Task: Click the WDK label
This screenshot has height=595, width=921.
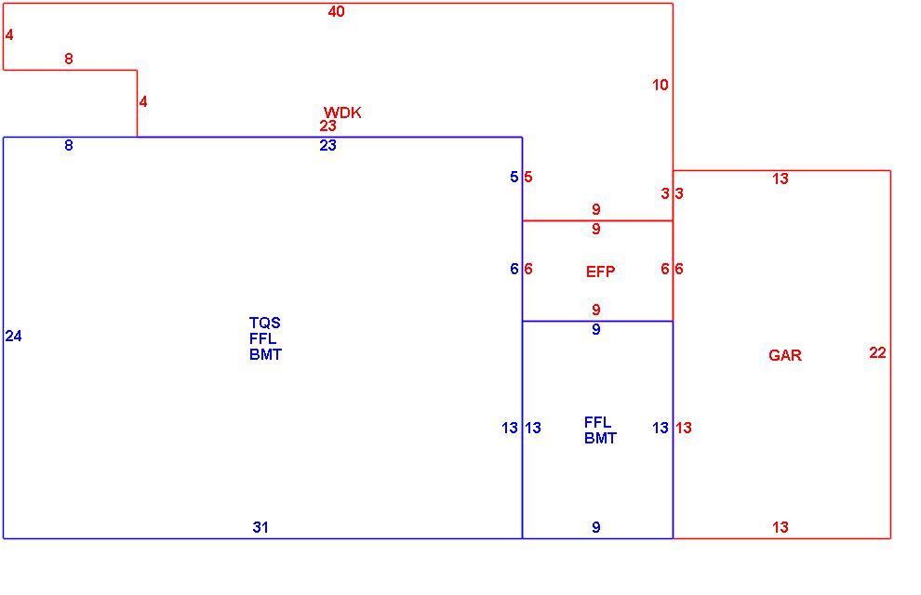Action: [342, 112]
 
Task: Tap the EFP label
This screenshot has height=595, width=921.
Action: [600, 271]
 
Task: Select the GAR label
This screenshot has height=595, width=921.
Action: [785, 355]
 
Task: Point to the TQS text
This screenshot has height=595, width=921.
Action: [265, 323]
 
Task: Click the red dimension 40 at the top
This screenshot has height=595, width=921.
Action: [337, 12]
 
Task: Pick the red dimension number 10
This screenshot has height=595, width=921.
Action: [661, 86]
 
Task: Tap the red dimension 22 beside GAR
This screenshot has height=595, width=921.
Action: [877, 352]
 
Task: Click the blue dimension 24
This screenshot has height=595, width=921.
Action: [14, 336]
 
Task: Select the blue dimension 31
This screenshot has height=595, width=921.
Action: [260, 527]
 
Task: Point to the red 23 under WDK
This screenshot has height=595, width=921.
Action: [327, 126]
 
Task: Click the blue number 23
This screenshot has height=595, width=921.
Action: [327, 146]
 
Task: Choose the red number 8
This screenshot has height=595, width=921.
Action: [69, 59]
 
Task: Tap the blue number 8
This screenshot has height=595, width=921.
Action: [69, 145]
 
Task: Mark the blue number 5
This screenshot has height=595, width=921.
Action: [514, 177]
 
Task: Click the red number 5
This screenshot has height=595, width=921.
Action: [528, 177]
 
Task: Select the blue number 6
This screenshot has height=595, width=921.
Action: [514, 269]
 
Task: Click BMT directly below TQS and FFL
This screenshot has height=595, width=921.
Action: [265, 354]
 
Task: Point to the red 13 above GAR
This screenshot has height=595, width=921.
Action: [781, 179]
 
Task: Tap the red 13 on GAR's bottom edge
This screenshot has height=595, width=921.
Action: [781, 527]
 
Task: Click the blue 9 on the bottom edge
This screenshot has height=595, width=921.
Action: [596, 527]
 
